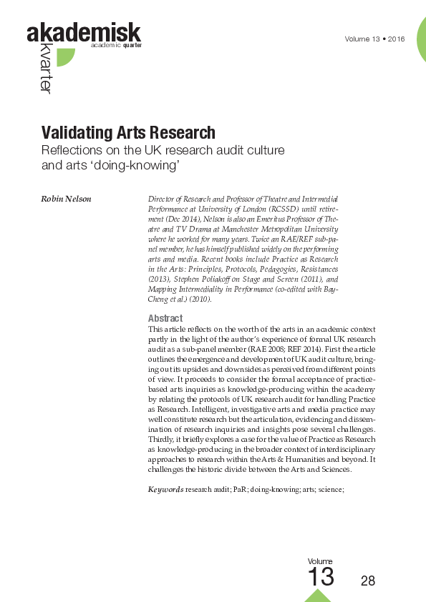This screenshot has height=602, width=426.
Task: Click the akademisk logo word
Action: click(x=83, y=32)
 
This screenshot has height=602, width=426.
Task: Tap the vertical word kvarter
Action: click(x=44, y=71)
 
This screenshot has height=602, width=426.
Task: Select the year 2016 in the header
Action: click(x=396, y=39)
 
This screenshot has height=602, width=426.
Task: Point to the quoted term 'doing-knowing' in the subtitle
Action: click(x=140, y=165)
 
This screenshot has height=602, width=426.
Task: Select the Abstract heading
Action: click(x=165, y=318)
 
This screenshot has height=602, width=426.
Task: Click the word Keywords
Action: click(x=165, y=489)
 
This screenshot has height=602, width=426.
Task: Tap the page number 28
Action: click(x=368, y=581)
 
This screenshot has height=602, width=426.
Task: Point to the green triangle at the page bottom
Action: click(x=317, y=596)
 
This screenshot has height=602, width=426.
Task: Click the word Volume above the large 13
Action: click(x=320, y=561)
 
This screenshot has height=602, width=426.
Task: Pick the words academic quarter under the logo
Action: click(x=116, y=45)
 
